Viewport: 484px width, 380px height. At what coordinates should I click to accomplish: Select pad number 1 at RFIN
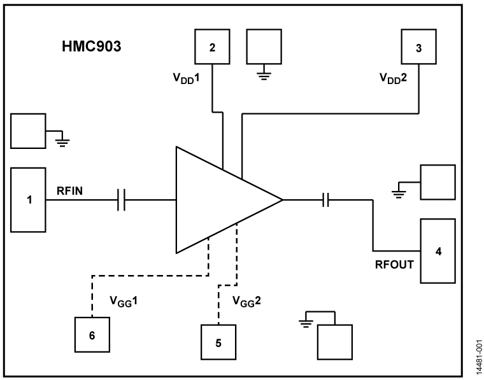coord(28,200)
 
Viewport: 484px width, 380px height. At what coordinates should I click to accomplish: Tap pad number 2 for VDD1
coord(212,46)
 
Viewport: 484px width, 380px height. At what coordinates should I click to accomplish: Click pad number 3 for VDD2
coord(418,46)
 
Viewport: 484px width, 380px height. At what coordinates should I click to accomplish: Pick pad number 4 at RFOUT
coord(438,251)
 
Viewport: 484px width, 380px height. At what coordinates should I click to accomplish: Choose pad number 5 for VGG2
coord(218,342)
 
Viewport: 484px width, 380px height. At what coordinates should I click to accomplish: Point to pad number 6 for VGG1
coord(92,334)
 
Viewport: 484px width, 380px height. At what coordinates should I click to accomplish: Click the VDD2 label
coord(393,79)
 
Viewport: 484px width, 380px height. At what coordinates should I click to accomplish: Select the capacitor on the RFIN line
coord(123,201)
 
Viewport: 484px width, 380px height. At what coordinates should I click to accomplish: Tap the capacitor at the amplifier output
coord(325,201)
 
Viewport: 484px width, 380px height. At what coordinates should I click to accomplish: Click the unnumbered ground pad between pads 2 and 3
coord(263,46)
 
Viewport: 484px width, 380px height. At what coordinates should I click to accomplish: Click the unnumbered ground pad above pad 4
coord(438,182)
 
